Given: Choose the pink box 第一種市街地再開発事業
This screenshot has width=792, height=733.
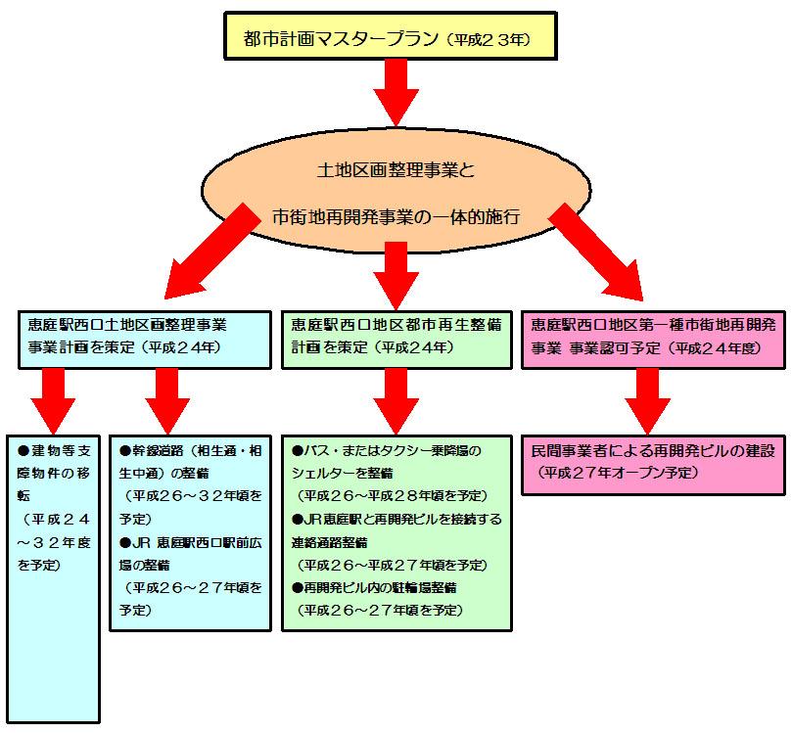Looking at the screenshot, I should pos(653,339).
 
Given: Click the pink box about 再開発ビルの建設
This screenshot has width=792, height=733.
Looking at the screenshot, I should pos(653,464).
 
